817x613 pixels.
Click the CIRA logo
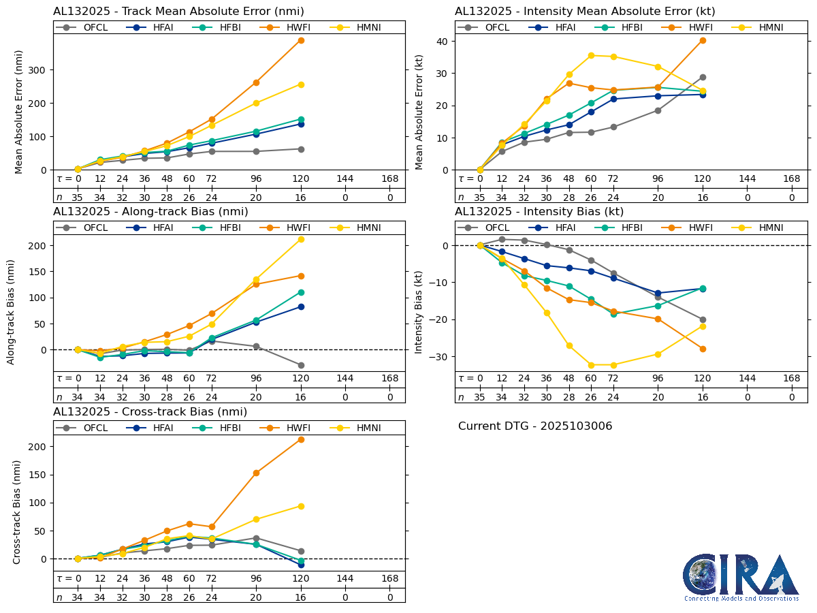(741, 577)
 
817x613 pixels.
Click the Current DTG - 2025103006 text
(535, 426)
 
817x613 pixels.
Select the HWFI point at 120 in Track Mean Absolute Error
(301, 40)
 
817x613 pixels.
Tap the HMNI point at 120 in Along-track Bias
(301, 239)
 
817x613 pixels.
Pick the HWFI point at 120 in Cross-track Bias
(301, 439)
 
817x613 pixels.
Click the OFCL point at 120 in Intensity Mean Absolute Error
(703, 77)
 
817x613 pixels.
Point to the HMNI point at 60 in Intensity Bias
(591, 365)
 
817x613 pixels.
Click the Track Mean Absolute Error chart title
(178, 12)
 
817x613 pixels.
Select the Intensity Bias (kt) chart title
(539, 212)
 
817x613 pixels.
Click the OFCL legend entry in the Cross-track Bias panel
(87, 428)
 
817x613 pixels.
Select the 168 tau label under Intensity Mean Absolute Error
(792, 178)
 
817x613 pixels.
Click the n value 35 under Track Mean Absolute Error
(78, 198)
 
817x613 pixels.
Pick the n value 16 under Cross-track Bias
(301, 597)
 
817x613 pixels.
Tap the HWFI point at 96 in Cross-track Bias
(256, 473)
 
